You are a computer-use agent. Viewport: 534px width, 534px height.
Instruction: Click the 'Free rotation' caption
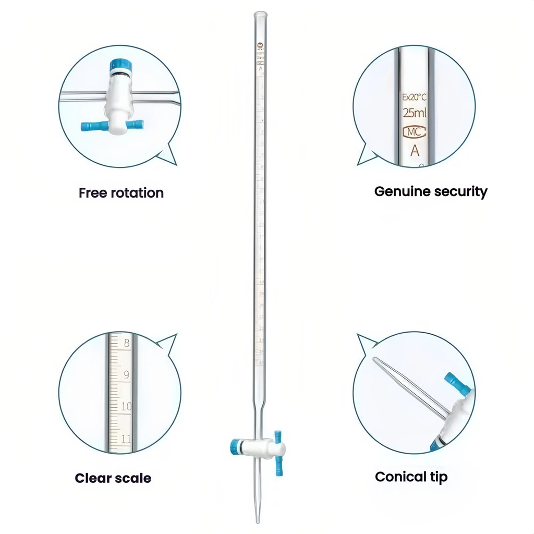tap(121, 193)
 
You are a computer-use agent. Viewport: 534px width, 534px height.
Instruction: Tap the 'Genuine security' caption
tap(431, 191)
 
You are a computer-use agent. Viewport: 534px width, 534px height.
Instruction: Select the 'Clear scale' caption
tap(113, 478)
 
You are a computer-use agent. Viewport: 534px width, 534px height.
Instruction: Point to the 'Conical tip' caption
tap(411, 476)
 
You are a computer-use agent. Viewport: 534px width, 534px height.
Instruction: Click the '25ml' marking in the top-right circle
tap(415, 113)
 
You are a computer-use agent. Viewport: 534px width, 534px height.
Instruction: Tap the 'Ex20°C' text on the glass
tap(415, 97)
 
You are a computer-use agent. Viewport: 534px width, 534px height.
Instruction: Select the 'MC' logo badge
tap(415, 132)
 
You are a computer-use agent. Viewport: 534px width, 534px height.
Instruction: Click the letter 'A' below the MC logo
tap(415, 151)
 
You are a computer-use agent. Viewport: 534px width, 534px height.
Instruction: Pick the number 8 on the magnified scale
tap(127, 343)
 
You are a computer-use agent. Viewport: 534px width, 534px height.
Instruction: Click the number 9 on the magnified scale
tap(127, 374)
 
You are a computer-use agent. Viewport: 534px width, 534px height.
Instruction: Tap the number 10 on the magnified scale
tap(126, 406)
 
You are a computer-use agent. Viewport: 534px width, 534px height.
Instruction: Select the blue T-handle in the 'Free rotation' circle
tap(112, 126)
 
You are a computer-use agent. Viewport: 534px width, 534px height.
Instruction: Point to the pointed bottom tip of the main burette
tap(258, 520)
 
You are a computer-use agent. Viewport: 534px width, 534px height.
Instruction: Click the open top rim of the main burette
tap(260, 14)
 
